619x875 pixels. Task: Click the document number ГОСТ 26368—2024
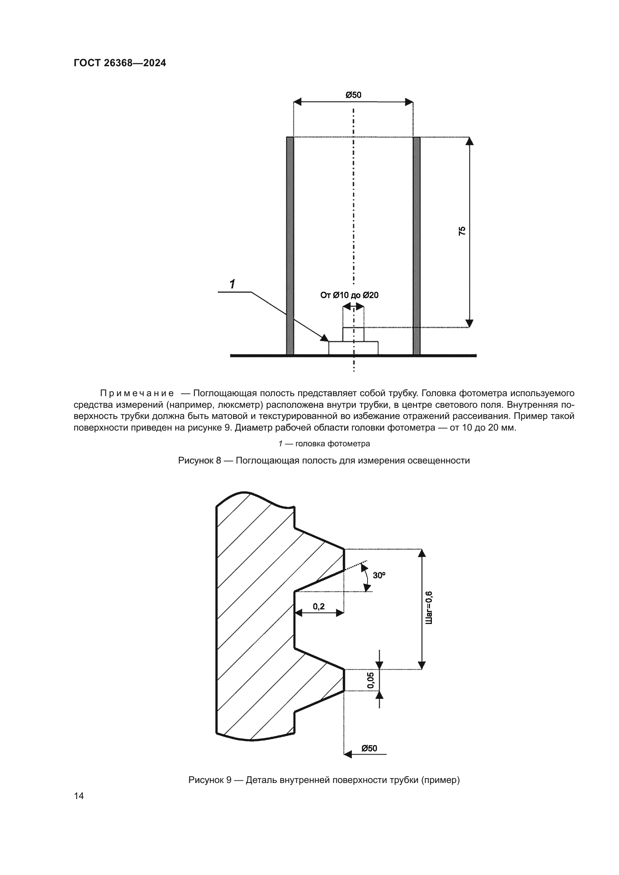click(120, 63)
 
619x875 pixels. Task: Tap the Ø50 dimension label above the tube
click(353, 95)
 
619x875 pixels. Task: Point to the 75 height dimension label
click(462, 231)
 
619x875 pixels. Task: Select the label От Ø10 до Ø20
click(349, 295)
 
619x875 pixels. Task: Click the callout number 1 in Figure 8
click(232, 284)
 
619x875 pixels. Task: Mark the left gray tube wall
click(290, 246)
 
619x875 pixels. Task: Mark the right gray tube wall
click(417, 246)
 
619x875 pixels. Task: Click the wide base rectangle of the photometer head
click(353, 348)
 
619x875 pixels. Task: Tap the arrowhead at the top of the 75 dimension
click(470, 141)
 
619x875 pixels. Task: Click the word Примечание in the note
click(137, 393)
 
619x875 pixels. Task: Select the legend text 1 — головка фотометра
click(324, 444)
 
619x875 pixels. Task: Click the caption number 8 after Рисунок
click(219, 461)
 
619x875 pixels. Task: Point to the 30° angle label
click(379, 575)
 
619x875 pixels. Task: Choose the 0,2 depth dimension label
click(318, 606)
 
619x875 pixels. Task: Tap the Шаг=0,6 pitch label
click(429, 608)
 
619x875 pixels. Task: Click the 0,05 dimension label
click(371, 680)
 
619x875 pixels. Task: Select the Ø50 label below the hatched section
click(369, 748)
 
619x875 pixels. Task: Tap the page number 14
click(79, 796)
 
